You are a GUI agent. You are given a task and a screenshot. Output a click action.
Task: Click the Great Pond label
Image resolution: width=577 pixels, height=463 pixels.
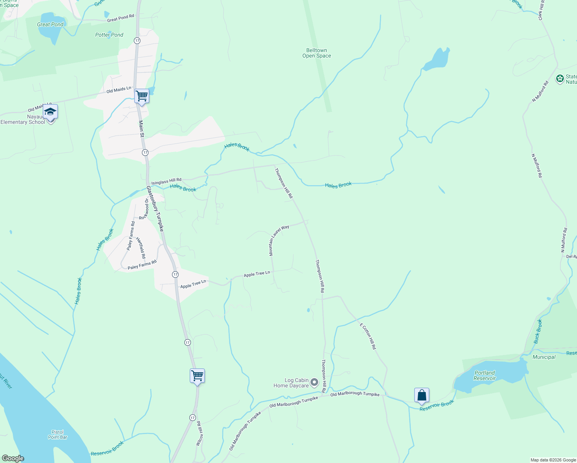[x=50, y=24]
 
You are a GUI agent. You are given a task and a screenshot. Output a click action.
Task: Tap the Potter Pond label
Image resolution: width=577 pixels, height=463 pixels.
[x=109, y=35]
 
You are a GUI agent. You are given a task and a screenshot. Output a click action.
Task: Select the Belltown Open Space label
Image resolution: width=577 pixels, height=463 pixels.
[x=317, y=53]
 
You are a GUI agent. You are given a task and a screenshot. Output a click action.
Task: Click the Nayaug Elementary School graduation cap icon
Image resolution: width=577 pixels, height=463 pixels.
[x=50, y=112]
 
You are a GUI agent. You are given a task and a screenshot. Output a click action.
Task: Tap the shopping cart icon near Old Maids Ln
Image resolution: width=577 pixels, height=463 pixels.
[x=142, y=96]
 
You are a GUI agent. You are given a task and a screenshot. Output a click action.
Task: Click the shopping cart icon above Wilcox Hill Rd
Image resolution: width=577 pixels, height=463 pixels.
[x=197, y=375]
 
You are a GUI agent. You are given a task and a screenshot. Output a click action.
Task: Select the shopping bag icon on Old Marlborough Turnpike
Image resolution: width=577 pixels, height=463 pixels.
[x=422, y=395]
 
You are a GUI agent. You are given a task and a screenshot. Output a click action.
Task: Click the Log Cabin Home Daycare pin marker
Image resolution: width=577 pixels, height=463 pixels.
[x=314, y=382]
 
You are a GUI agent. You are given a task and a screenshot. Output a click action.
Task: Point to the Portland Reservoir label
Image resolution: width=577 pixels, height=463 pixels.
[x=484, y=375]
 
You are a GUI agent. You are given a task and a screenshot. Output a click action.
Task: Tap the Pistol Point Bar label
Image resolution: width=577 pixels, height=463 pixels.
[x=58, y=434]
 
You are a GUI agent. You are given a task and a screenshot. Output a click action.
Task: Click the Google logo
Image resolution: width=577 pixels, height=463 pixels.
[x=13, y=458]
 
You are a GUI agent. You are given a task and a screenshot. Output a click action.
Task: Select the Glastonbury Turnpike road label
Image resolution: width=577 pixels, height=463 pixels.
[x=155, y=209]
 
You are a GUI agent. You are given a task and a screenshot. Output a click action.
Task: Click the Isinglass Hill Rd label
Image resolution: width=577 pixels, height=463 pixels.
[x=166, y=181]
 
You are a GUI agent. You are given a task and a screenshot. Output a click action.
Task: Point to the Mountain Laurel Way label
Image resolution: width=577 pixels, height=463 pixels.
[x=279, y=240]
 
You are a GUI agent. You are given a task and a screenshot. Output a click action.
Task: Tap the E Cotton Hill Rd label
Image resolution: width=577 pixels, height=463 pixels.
[x=368, y=336]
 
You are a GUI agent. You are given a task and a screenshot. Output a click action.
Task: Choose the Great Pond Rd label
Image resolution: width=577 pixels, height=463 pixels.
[x=120, y=18]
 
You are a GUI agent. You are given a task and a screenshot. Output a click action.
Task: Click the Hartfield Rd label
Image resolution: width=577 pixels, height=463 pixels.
[x=141, y=248]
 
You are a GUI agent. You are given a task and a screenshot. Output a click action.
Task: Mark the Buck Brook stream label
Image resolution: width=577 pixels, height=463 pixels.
[x=538, y=331]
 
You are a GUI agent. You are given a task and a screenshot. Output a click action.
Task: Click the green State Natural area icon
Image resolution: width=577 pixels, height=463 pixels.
[x=560, y=79]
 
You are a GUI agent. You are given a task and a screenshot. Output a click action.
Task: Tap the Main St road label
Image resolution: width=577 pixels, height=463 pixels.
[x=141, y=129]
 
